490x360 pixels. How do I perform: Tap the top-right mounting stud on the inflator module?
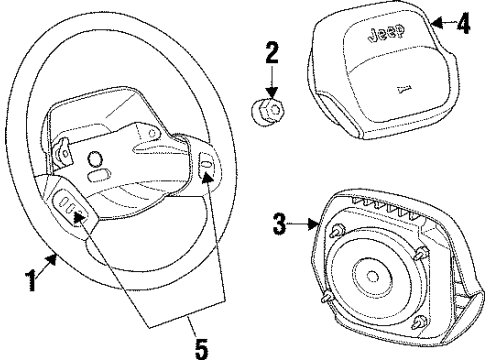pyautogui.click(x=423, y=249)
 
